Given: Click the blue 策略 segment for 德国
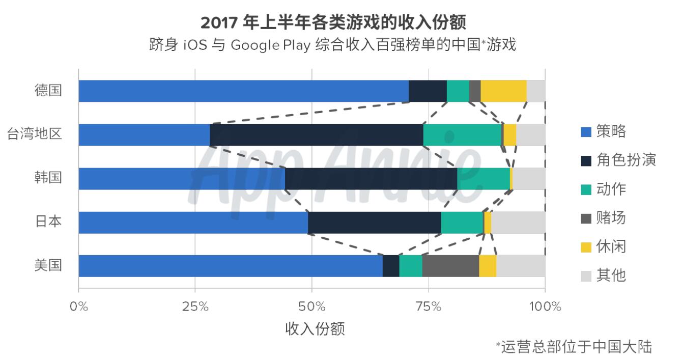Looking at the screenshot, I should tap(243, 91).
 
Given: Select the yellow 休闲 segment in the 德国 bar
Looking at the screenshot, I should tap(503, 91).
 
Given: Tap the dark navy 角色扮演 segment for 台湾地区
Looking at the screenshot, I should tap(316, 135).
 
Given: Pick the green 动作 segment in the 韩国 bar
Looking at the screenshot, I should tap(483, 179).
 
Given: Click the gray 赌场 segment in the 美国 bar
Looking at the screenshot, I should tap(450, 266).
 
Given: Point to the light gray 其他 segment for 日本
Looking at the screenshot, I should tap(518, 223).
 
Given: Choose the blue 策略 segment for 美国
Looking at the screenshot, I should tap(231, 266).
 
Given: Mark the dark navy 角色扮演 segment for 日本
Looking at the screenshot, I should tap(374, 223).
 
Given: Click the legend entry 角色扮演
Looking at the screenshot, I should tap(626, 160).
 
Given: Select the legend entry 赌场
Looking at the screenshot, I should tap(611, 218).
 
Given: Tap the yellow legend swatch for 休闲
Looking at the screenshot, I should tap(586, 247).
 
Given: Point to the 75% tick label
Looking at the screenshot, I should tap(429, 307).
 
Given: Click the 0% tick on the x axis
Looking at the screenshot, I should tap(79, 307).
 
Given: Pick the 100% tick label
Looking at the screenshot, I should tap(545, 307).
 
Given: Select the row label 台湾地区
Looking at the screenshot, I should tap(35, 135).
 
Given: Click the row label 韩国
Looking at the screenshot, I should tap(48, 179).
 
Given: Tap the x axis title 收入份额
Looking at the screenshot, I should tap(315, 329).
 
